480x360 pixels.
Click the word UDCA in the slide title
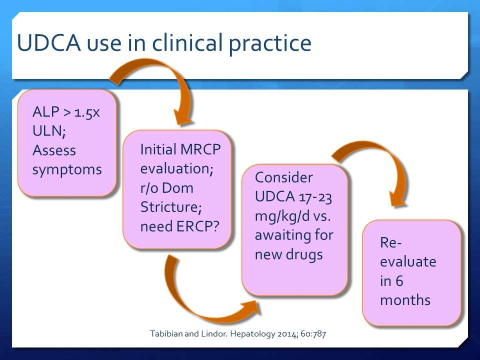(49, 42)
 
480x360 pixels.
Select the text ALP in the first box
(45, 111)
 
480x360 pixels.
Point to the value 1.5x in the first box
(87, 112)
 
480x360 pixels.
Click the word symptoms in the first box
(67, 170)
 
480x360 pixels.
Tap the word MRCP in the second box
(200, 149)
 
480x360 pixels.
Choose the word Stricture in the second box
(171, 207)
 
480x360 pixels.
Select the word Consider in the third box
(284, 177)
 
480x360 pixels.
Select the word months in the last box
(405, 300)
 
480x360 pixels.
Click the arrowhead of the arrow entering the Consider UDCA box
(251, 307)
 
